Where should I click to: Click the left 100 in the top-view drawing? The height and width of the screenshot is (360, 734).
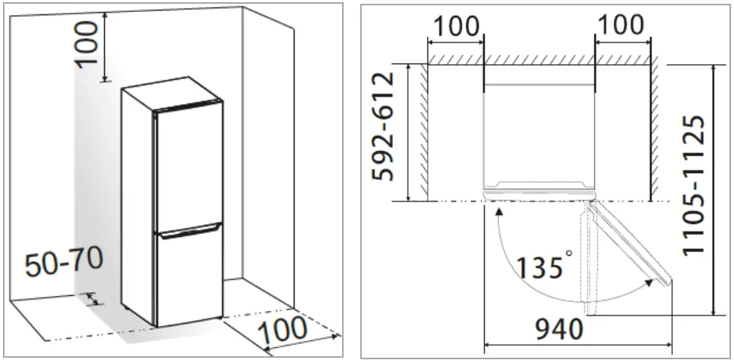[x=455, y=25]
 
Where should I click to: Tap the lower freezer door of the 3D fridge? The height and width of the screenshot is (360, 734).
[x=189, y=275]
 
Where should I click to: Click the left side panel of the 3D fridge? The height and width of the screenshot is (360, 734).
[x=137, y=204]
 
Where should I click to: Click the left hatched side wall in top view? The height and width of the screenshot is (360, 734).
[x=421, y=132]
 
